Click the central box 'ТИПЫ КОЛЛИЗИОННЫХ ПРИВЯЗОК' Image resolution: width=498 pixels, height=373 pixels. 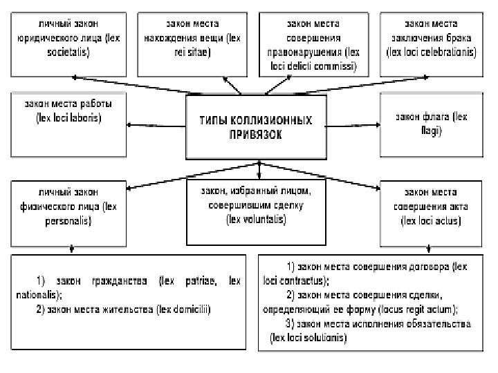point(257,128)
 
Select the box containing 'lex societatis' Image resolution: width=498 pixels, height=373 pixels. point(68,43)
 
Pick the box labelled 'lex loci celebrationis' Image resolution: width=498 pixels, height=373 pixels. point(434,43)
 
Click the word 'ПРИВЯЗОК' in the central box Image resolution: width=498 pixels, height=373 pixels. point(256,135)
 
